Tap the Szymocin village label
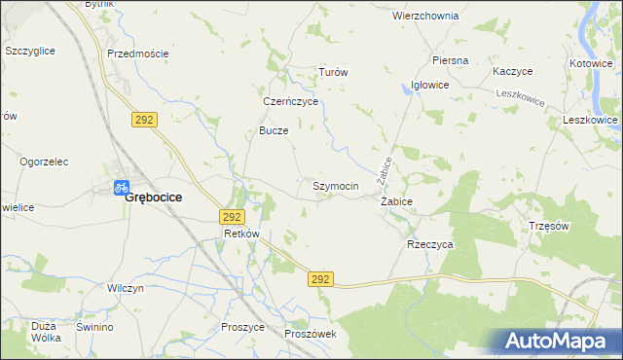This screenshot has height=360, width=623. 336,186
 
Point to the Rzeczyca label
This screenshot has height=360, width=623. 430,245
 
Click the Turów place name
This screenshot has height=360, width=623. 334,73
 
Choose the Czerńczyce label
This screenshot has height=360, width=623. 292,101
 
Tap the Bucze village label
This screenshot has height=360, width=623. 274,130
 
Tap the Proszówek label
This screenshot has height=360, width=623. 311,334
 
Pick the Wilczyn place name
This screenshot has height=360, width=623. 127,289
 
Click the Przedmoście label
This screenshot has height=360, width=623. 138,54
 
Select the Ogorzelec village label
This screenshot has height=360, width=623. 46,162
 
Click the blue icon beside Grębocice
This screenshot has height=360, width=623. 122,186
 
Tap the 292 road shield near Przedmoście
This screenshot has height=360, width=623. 144,118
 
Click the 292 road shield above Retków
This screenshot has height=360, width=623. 232,217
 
